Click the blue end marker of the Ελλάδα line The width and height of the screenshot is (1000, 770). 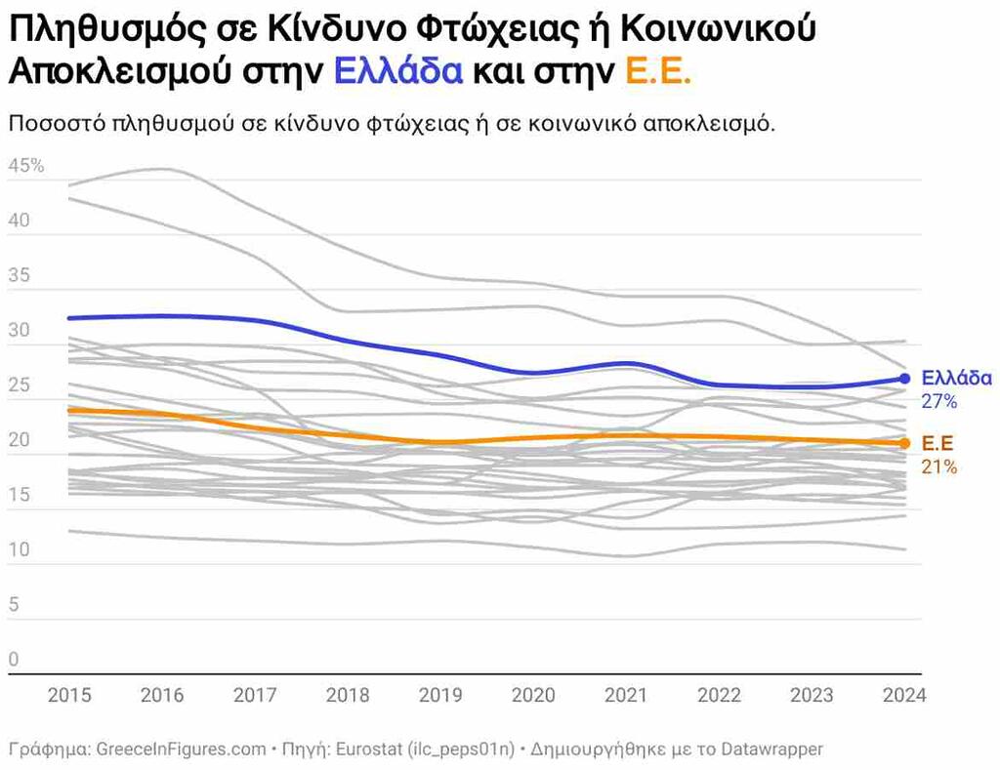coord(904,379)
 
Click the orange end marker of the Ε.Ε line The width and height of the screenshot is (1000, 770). coord(904,444)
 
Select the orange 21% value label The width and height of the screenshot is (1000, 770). coord(938,466)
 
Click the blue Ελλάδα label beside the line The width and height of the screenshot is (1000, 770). coord(956,379)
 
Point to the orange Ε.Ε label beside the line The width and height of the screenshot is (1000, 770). coord(938,444)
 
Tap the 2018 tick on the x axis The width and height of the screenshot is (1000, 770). coord(347,696)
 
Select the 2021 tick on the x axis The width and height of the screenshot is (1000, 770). coord(625,696)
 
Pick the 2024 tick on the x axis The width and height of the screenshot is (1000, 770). coord(903,696)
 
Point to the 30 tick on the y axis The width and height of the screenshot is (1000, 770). coord(20,331)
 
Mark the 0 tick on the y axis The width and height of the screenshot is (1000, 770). coord(14,660)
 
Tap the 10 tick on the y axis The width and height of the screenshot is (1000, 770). coord(20,550)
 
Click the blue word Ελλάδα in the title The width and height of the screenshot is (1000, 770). coord(397,72)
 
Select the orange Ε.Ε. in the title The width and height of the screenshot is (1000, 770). coord(657,72)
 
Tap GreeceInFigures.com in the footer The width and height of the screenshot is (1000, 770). coord(181,750)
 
